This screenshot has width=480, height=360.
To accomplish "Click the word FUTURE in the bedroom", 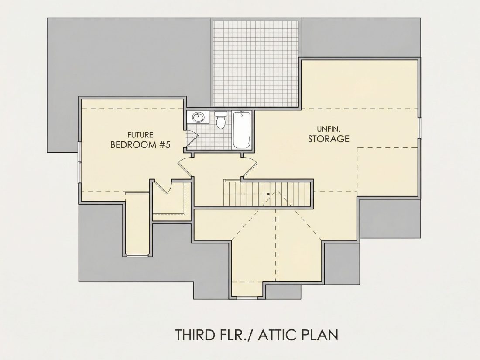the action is click(140, 135).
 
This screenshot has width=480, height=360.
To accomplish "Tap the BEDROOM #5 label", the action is click(140, 144).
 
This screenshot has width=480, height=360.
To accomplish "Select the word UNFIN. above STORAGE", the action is click(329, 129).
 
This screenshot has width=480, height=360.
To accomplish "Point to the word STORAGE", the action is click(329, 139).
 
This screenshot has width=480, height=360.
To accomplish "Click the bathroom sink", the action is click(198, 117).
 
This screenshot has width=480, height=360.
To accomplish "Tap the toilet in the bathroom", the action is click(221, 120).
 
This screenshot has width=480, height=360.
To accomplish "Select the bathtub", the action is click(242, 130).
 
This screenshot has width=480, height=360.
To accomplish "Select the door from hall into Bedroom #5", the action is click(185, 167).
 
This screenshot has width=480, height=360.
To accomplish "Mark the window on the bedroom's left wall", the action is click(79, 163).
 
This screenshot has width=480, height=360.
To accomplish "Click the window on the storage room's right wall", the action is click(420, 127).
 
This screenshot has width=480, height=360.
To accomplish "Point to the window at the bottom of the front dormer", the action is click(247, 297).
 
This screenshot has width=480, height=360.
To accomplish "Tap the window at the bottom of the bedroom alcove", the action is click(137, 255).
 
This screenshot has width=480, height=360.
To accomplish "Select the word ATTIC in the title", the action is click(278, 335).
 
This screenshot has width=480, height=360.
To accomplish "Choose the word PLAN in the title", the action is click(320, 335).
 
